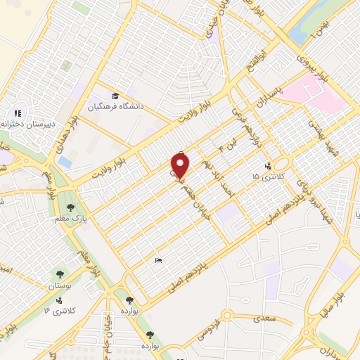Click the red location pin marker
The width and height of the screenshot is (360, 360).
(181, 165)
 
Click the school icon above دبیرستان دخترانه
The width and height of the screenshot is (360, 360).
(18, 112)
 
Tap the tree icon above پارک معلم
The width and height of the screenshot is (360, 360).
(70, 207)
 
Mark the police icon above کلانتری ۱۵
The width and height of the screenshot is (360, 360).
(267, 167)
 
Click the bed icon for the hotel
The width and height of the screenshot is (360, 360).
(158, 260)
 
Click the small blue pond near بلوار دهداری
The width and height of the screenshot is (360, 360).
(65, 162)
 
